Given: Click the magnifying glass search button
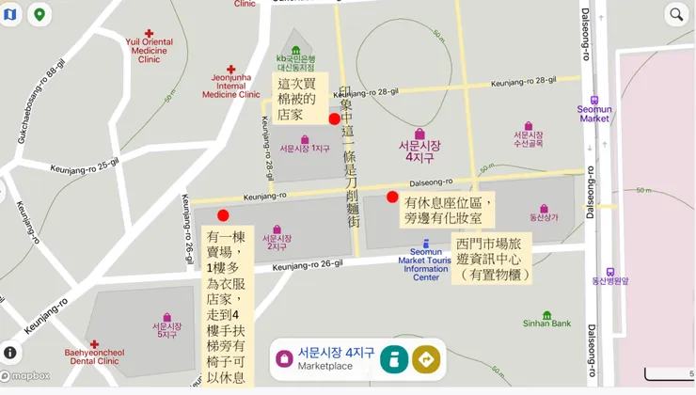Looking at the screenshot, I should [x=675, y=14].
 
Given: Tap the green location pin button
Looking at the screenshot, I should [x=40, y=14].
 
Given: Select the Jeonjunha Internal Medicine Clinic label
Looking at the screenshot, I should [x=230, y=82].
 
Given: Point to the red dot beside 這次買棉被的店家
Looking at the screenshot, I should [x=334, y=118].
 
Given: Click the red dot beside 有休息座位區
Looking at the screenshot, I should [x=392, y=197].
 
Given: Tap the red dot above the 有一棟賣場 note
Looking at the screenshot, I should [x=223, y=215].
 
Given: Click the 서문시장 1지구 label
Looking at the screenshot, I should [x=305, y=148].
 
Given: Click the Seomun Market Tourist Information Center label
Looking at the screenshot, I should [x=426, y=261].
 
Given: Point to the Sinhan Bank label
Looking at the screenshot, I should [x=547, y=323].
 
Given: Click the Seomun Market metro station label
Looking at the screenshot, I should [x=594, y=112].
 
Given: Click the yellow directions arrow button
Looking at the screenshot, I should [x=426, y=358].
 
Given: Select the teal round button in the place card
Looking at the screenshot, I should [x=393, y=358].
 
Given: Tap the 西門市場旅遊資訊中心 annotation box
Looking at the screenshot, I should [x=493, y=259].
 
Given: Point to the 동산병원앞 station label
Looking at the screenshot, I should [x=610, y=279].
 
